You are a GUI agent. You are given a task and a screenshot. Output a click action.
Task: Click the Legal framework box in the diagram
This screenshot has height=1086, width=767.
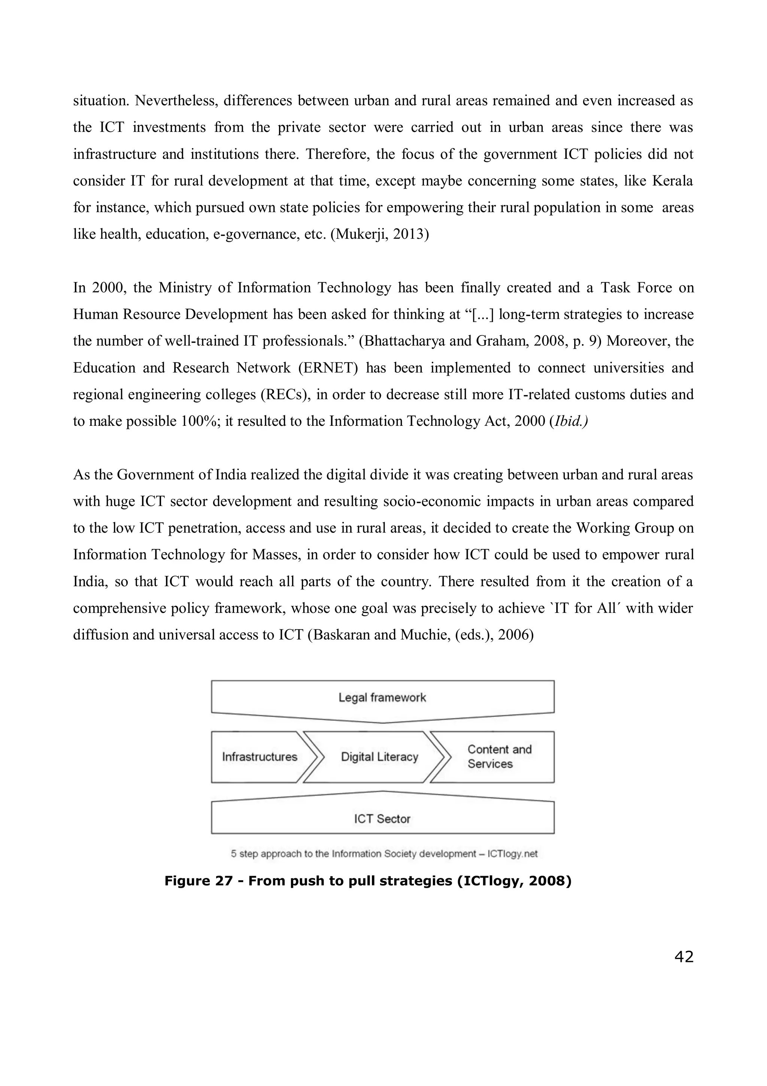(x=382, y=698)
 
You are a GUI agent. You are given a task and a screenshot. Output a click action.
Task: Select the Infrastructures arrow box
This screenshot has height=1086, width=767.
(x=260, y=757)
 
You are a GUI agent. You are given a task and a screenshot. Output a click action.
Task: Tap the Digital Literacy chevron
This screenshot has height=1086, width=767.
(x=379, y=757)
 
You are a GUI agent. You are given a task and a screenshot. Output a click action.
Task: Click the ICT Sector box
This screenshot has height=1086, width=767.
(x=382, y=819)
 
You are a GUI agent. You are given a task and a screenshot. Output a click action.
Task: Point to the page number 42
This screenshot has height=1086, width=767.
(x=683, y=956)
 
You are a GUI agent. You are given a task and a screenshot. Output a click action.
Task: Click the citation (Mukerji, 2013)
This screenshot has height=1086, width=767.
(x=379, y=234)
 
